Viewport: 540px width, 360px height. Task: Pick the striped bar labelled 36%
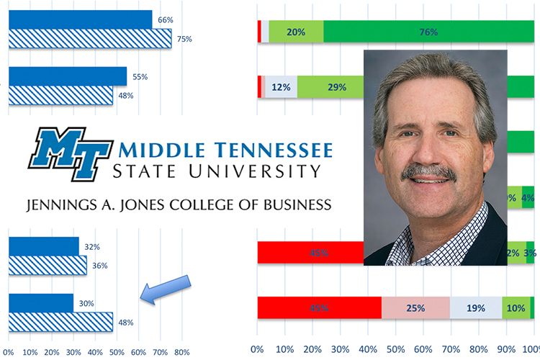(x=48, y=266)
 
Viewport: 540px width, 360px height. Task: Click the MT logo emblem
(x=70, y=153)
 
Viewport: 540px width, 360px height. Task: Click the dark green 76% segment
(x=428, y=32)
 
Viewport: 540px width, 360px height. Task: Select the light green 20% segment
(x=296, y=32)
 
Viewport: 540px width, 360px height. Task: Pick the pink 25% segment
(x=415, y=308)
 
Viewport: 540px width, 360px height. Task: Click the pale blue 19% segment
(x=475, y=308)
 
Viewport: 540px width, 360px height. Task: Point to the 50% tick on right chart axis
(x=395, y=349)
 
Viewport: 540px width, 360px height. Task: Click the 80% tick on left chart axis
(x=181, y=353)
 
